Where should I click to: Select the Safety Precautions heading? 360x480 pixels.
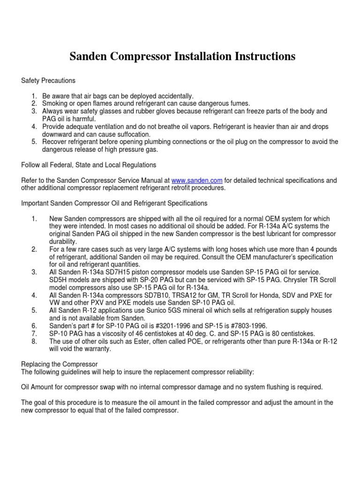(x=48, y=81)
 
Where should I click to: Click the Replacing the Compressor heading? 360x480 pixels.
(x=57, y=364)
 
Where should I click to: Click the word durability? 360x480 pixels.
(x=63, y=241)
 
